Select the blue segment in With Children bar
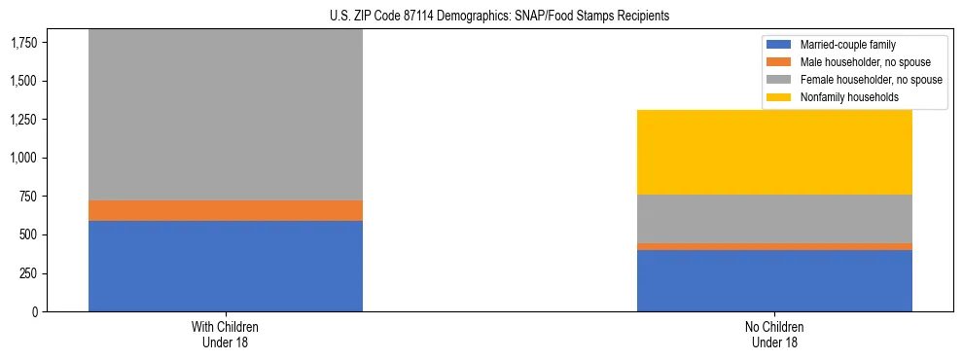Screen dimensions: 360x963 click(226, 266)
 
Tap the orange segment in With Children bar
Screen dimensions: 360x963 click(226, 210)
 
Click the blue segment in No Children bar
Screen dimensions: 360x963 click(774, 280)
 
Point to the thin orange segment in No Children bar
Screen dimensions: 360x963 click(774, 246)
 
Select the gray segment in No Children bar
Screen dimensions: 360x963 click(774, 219)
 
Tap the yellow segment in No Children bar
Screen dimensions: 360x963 click(774, 152)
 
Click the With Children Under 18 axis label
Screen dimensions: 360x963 click(226, 334)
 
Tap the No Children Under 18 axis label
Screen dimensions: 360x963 click(774, 334)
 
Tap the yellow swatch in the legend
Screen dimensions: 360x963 click(779, 97)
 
